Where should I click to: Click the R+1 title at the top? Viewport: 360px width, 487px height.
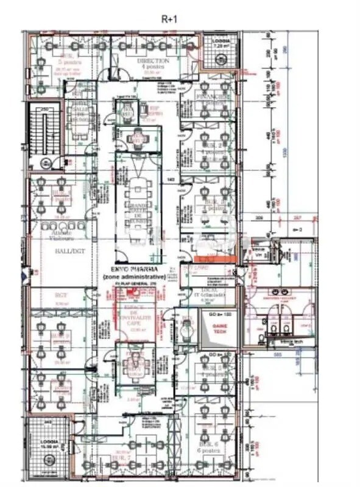169,19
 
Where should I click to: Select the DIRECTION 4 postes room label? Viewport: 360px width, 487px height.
148,64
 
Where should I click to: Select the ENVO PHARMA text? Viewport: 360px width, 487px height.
135,269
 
